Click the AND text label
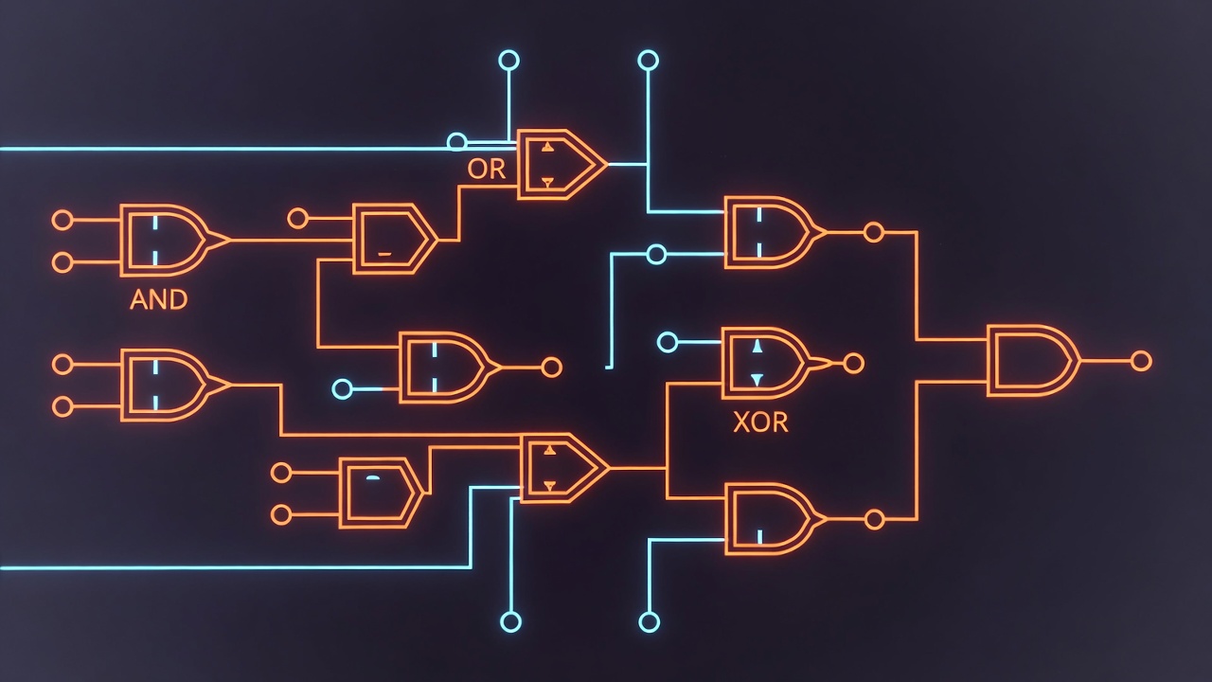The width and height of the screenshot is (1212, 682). (159, 300)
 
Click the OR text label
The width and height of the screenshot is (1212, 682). (487, 170)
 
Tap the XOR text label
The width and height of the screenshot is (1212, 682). (760, 422)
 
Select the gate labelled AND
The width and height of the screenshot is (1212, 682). (163, 241)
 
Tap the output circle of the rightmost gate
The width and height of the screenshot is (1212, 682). (1141, 361)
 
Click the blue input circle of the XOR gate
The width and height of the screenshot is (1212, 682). (668, 342)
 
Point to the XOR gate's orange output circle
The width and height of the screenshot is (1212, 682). (853, 364)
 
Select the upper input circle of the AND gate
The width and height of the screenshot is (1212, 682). (62, 220)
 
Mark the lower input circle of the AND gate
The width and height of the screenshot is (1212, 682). (62, 262)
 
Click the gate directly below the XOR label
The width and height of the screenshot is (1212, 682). (769, 518)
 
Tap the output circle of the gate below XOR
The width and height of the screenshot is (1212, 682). (875, 519)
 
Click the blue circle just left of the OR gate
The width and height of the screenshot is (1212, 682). (456, 142)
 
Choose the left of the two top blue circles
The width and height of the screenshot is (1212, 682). (509, 61)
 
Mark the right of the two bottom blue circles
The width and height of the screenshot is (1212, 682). (649, 622)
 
